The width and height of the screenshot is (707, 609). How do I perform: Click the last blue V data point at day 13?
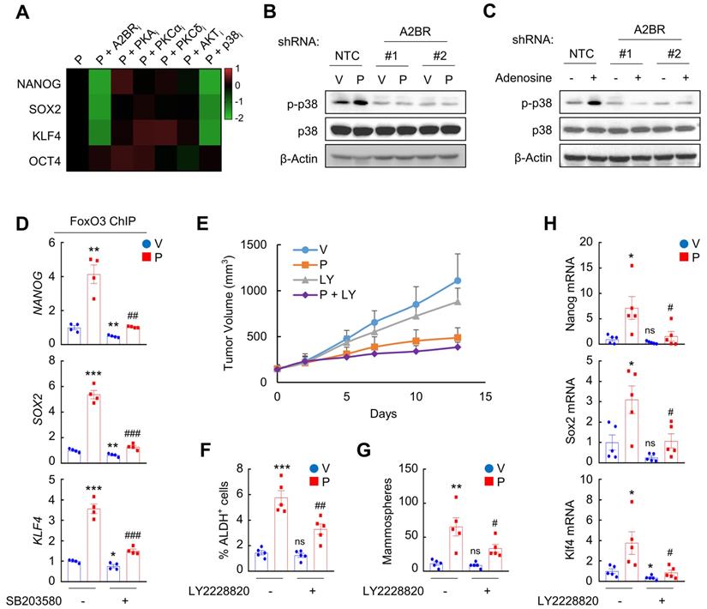[482, 280]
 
